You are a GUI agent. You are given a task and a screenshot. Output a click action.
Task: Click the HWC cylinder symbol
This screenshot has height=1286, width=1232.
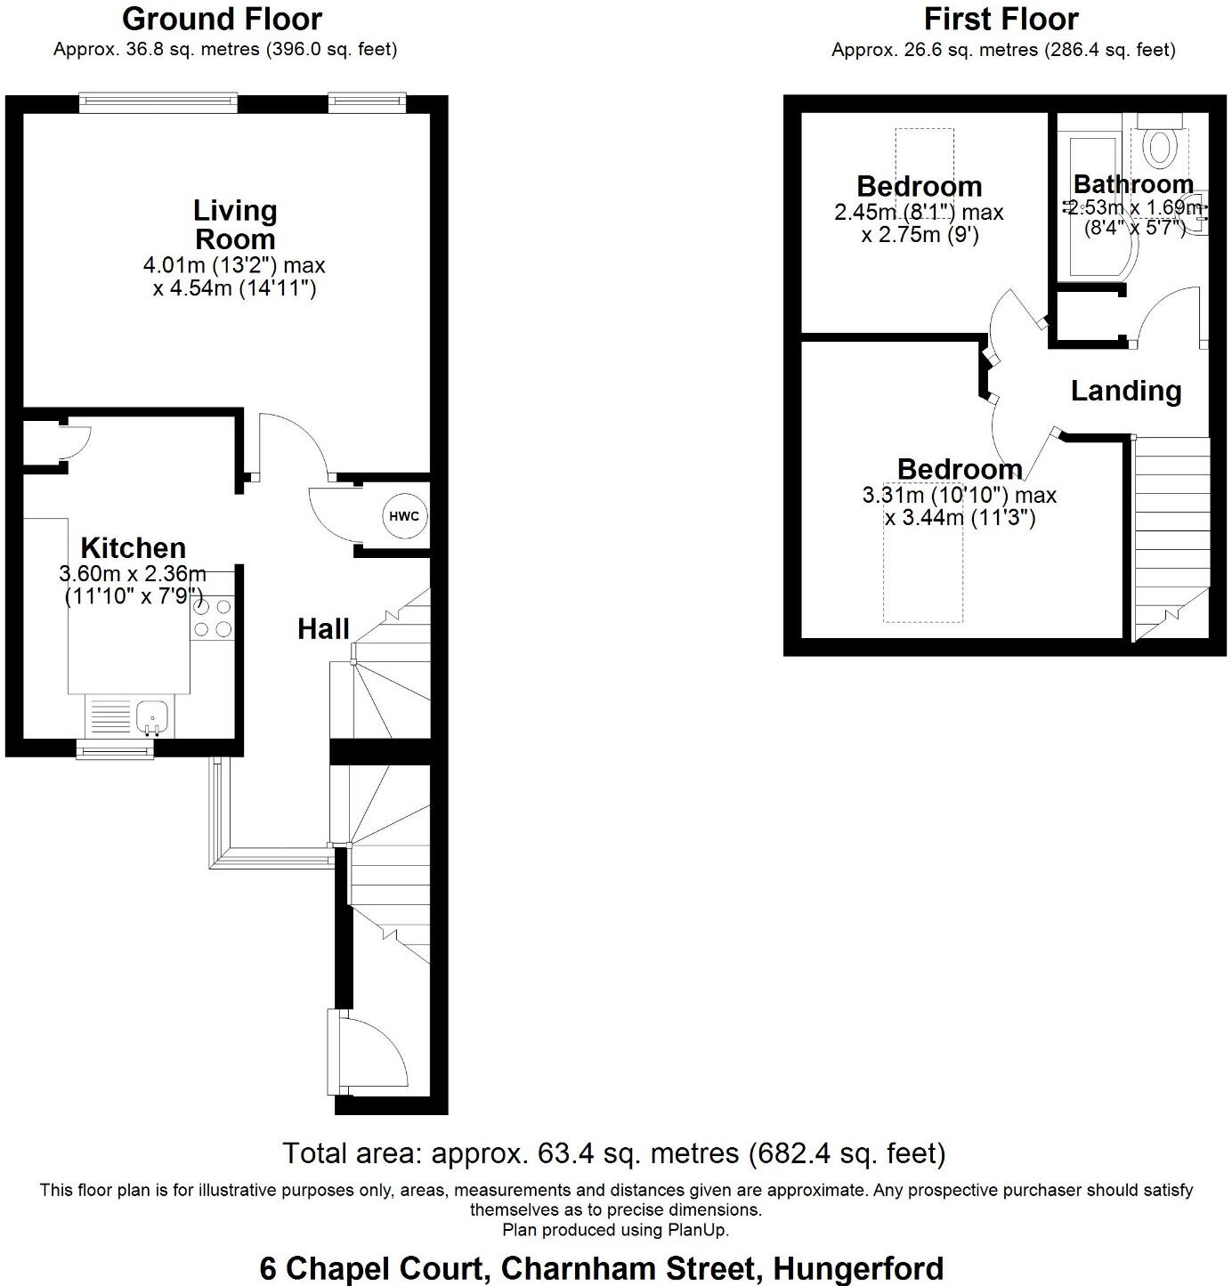(403, 516)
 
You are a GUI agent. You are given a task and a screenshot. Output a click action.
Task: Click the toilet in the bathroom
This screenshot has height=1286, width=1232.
(1158, 147)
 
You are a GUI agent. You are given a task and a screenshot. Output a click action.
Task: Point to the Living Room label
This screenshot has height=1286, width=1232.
(235, 224)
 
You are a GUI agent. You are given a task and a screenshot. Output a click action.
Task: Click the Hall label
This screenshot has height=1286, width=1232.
(323, 629)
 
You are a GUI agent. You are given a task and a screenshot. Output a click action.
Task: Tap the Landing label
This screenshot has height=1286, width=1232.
(1125, 391)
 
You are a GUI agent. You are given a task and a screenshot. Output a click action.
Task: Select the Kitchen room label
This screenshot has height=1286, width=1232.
(133, 547)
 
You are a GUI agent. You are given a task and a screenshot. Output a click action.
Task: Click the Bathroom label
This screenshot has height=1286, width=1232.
(1132, 184)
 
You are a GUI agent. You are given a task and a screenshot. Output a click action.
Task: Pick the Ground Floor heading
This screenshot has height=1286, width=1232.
(222, 19)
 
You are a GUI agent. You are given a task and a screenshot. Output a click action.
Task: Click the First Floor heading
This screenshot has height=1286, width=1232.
(1001, 19)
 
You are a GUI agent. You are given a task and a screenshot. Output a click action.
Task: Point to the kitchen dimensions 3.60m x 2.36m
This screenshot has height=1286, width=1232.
(133, 574)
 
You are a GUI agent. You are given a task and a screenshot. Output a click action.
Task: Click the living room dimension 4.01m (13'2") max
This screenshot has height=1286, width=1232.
(234, 265)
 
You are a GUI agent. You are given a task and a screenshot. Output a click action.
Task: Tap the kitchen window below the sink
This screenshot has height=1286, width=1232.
(115, 751)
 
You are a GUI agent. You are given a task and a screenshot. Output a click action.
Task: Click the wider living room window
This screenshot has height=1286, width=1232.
(158, 102)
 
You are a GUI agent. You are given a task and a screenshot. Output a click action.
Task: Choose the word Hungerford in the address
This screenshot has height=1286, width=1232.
(857, 1267)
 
